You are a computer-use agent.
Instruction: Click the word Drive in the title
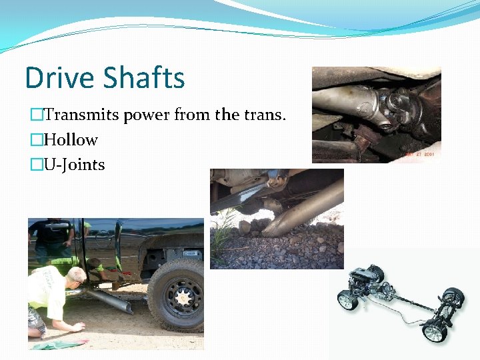pos(59,78)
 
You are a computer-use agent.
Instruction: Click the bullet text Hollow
pos(71,140)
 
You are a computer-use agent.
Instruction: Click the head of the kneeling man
pos(75,274)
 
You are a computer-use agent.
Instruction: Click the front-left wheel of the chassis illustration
pos(347,300)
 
